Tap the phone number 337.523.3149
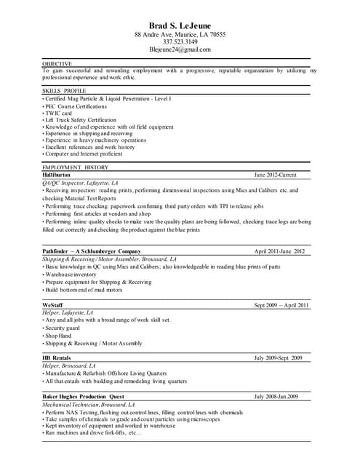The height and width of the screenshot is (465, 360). (x=180, y=42)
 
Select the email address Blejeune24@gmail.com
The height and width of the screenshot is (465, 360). (x=180, y=50)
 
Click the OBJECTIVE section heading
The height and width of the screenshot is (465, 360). (x=57, y=64)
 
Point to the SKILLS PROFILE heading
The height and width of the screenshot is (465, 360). (x=64, y=90)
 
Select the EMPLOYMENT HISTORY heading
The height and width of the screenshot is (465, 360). (x=75, y=168)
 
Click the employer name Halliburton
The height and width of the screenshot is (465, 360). (x=57, y=175)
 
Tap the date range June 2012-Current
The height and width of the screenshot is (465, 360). (x=276, y=175)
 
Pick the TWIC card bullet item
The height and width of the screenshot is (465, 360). (x=58, y=113)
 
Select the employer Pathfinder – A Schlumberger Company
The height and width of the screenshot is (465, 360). (x=91, y=251)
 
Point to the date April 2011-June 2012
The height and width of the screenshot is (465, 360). (x=279, y=251)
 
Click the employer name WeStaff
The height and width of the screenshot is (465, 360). (x=52, y=305)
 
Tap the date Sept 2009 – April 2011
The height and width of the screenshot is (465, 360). (x=281, y=305)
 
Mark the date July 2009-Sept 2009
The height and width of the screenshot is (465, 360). (x=278, y=358)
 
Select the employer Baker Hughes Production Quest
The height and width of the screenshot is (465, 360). (x=83, y=396)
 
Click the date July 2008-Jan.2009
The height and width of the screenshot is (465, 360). (x=276, y=396)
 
